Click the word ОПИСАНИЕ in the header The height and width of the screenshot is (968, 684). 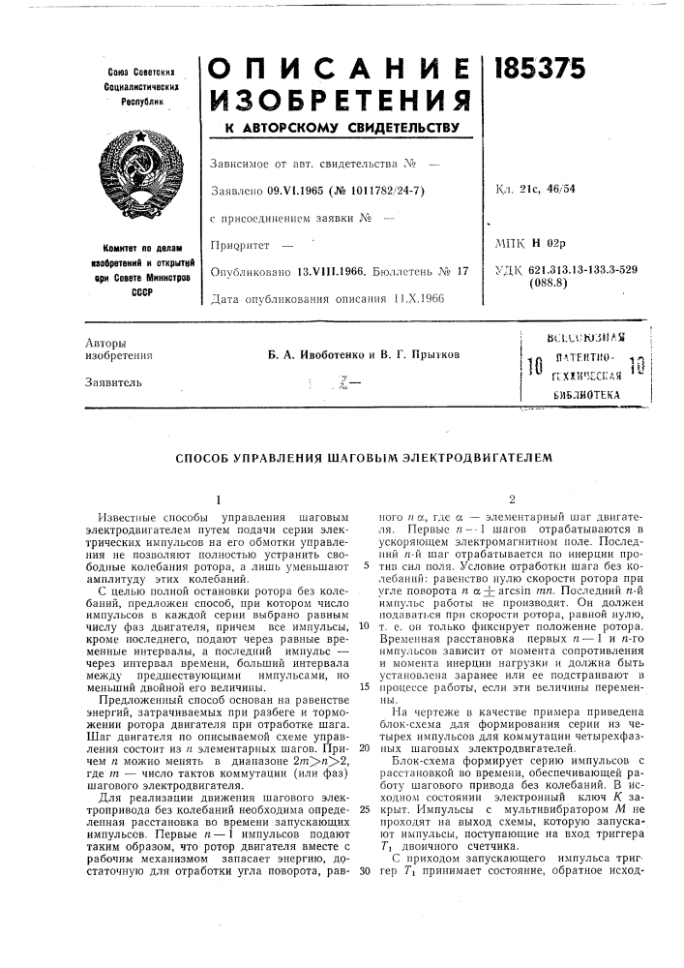[341, 65]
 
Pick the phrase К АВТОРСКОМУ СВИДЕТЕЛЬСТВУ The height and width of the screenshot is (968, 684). [342, 129]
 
